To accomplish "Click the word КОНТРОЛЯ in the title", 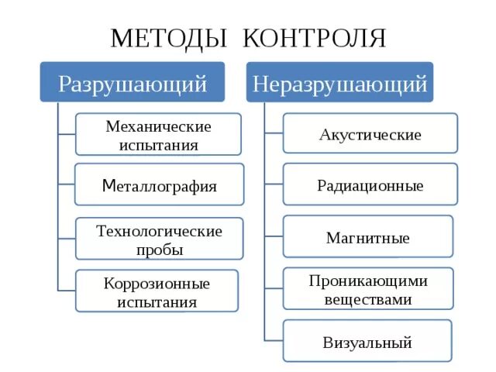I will (315, 37).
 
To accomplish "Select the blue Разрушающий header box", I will (133, 82).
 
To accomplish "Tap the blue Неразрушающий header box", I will (339, 82).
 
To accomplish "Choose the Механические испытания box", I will (158, 134).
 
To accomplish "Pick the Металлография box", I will (159, 185).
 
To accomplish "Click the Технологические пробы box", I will (159, 239).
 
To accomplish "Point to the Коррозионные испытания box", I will (157, 291).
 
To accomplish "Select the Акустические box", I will (370, 135).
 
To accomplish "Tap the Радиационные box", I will (370, 185).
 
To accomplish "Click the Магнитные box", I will (367, 237).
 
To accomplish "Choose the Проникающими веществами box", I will (367, 289).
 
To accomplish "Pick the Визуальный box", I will (367, 342).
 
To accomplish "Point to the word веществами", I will (368, 299).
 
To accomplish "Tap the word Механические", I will (158, 125).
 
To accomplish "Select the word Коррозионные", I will (157, 283).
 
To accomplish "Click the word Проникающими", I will (368, 280).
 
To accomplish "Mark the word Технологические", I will (159, 230).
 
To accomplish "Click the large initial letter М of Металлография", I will (108, 184).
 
